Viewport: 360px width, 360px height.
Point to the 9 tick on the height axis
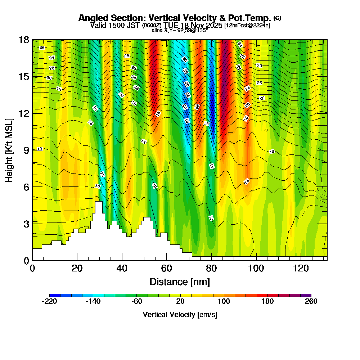pyautogui.click(x=32, y=150)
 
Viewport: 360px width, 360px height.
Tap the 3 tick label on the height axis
pyautogui.click(x=26, y=224)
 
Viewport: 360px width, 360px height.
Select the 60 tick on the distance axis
pyautogui.click(x=166, y=260)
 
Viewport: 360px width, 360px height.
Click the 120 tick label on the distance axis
pyautogui.click(x=300, y=269)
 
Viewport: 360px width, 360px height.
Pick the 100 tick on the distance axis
pyautogui.click(x=256, y=260)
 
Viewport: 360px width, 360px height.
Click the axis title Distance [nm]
pyautogui.click(x=180, y=282)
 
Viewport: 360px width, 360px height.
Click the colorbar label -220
pyautogui.click(x=49, y=301)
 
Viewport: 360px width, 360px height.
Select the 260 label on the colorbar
pyautogui.click(x=311, y=301)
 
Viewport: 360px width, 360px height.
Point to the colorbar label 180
pyautogui.click(x=267, y=301)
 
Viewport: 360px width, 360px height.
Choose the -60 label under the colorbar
pyautogui.click(x=137, y=301)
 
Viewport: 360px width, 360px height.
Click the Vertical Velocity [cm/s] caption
pyautogui.click(x=180, y=315)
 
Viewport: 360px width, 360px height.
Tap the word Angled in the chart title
pyautogui.click(x=92, y=18)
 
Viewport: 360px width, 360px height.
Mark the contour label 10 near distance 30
pyautogui.click(x=98, y=186)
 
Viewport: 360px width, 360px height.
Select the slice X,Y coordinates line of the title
pyautogui.click(x=180, y=31)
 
